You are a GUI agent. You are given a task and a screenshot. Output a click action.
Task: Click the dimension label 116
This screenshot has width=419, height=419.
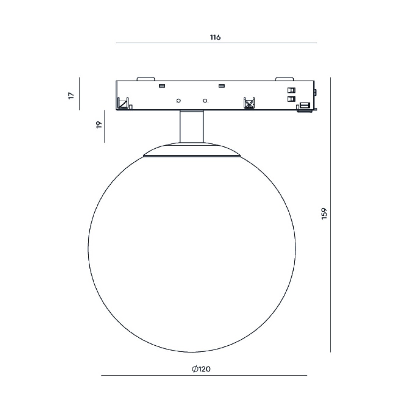[x=215, y=37]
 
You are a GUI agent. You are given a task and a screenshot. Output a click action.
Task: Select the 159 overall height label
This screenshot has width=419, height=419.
[x=324, y=214]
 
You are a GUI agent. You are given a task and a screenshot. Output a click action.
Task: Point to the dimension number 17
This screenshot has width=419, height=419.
[x=71, y=95]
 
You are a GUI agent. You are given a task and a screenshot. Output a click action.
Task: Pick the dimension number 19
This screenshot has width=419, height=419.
[x=99, y=125]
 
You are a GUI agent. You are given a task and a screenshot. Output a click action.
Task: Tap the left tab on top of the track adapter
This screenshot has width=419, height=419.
[x=146, y=79]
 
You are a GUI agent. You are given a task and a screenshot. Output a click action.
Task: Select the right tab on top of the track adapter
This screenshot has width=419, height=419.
[x=285, y=79]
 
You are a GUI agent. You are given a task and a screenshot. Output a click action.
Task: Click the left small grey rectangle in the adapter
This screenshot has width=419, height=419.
[x=162, y=86]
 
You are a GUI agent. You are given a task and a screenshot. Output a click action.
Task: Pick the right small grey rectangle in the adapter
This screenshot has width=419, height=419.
[x=222, y=86]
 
